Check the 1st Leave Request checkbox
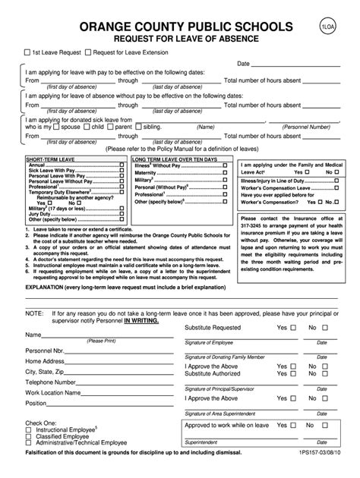(x=26, y=52)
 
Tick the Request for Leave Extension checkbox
(x=88, y=52)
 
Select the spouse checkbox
(x=55, y=127)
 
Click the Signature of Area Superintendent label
(x=222, y=414)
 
